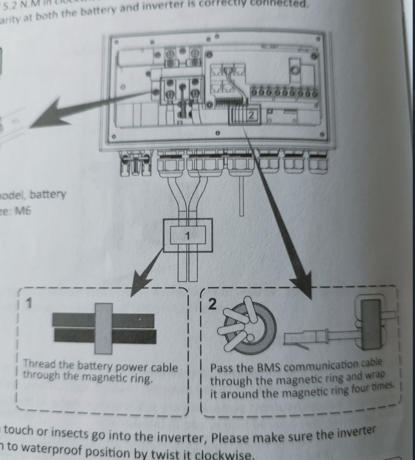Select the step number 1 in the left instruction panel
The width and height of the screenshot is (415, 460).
(28, 302)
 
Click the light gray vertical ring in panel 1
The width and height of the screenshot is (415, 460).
(103, 329)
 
